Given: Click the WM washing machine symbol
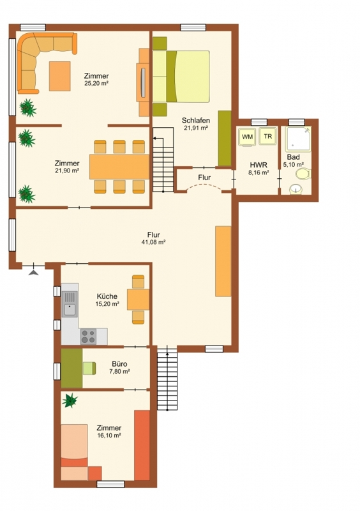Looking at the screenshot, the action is [x=248, y=137].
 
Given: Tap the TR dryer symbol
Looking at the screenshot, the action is [x=268, y=136].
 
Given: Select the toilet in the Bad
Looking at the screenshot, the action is [x=303, y=174].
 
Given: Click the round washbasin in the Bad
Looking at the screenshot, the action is [x=296, y=189].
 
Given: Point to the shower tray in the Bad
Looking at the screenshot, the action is [x=298, y=139].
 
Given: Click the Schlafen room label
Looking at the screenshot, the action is [x=196, y=120].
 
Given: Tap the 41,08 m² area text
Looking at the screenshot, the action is [x=154, y=242].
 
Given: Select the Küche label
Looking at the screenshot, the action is [x=107, y=296].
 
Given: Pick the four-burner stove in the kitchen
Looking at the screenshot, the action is [x=89, y=337].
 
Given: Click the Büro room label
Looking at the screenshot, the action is [x=119, y=363].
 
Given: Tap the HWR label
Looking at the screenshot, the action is [x=259, y=165].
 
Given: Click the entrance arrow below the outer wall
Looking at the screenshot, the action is [x=34, y=273].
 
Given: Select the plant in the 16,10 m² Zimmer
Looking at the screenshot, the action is [x=70, y=400].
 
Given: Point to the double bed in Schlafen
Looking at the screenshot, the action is [x=181, y=76].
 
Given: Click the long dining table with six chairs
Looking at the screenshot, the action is [x=119, y=167].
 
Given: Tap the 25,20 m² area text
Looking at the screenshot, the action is [x=96, y=84].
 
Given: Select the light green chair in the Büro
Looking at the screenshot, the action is [x=89, y=369].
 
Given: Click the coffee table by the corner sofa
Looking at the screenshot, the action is [x=59, y=76].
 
